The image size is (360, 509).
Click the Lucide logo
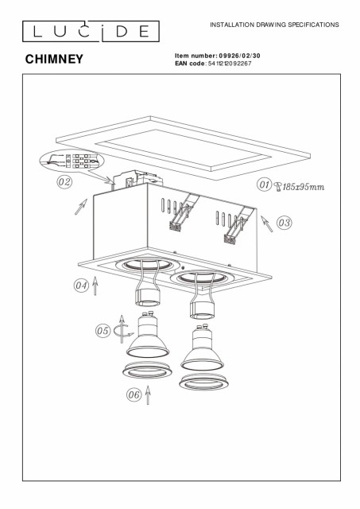pos(91,31)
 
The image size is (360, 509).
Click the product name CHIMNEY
pos(54,59)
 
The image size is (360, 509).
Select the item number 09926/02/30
pos(240,56)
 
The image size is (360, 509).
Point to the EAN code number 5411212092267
pos(229,64)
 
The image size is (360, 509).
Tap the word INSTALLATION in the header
pos(232,25)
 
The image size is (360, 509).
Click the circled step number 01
pos(264,185)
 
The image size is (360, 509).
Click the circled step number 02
pos(64,182)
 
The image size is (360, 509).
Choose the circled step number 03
pos(285,223)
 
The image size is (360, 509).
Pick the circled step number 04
pos(81,286)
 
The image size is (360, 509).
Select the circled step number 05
pos(103,331)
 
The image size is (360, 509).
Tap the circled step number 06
pos(134,394)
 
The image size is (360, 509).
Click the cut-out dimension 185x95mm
pos(304,187)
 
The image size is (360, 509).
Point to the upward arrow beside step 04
pos(95,286)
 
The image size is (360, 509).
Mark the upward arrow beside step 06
pos(148,395)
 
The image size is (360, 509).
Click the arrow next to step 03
pos(266,223)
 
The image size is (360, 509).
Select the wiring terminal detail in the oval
pos(72,161)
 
